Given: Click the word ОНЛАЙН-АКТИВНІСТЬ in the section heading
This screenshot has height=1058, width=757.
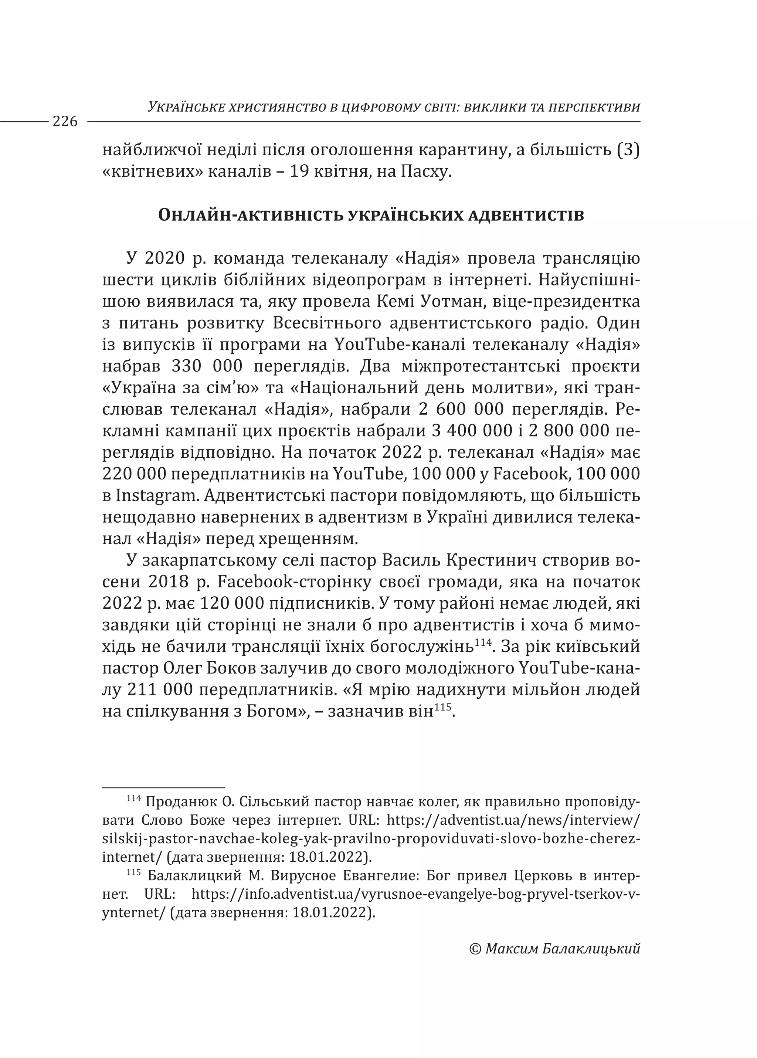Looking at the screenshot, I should (249, 216).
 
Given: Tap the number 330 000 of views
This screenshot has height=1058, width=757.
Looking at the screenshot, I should (207, 367).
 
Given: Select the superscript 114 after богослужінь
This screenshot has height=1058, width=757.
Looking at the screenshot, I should (483, 643).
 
